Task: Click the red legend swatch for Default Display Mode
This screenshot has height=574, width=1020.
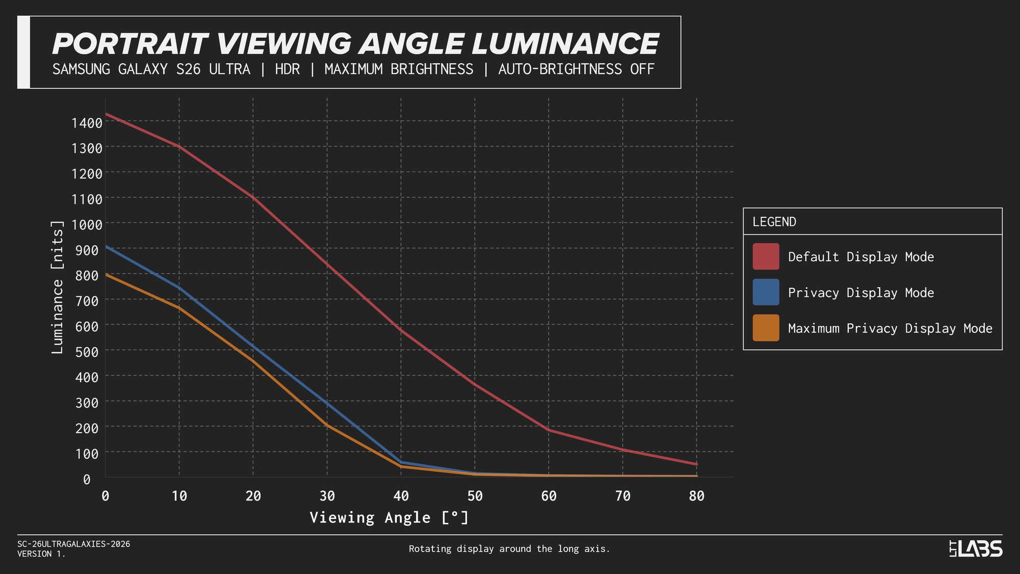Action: pyautogui.click(x=766, y=256)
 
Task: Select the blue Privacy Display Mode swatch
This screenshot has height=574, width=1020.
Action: pyautogui.click(x=766, y=292)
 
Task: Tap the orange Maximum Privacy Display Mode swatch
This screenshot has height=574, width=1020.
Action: pyautogui.click(x=766, y=328)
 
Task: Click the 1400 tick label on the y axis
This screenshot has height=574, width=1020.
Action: pyautogui.click(x=87, y=123)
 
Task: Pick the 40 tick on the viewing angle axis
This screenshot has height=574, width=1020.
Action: pyautogui.click(x=401, y=496)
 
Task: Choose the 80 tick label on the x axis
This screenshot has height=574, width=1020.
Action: pyautogui.click(x=697, y=496)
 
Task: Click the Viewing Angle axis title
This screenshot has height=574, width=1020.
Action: pyautogui.click(x=389, y=518)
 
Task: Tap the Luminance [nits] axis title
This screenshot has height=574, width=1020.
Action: pyautogui.click(x=58, y=287)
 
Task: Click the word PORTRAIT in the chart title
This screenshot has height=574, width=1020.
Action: pyautogui.click(x=131, y=44)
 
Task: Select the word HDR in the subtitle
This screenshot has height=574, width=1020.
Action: pyautogui.click(x=287, y=69)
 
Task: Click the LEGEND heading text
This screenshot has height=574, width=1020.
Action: pyautogui.click(x=774, y=222)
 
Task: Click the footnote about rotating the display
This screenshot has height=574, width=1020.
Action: pyautogui.click(x=509, y=549)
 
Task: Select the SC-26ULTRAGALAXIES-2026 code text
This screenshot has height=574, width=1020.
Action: pyautogui.click(x=73, y=544)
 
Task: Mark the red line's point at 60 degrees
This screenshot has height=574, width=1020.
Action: pyautogui.click(x=549, y=430)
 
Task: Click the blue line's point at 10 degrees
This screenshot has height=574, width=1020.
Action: pyautogui.click(x=179, y=288)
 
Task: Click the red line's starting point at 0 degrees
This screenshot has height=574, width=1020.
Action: pyautogui.click(x=106, y=114)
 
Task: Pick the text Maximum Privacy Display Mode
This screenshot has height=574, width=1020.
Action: pyautogui.click(x=890, y=328)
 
